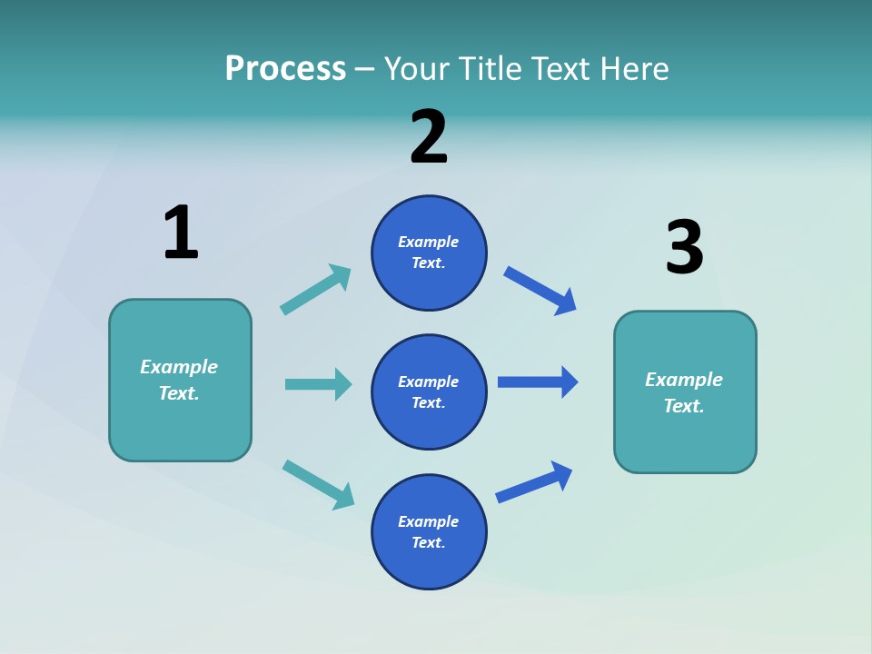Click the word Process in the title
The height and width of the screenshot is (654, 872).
click(x=285, y=69)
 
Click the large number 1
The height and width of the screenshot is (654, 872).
click(x=181, y=233)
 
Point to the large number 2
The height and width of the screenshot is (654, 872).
click(x=429, y=137)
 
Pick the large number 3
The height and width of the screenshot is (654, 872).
click(x=684, y=247)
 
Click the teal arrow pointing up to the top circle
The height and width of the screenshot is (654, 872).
click(x=316, y=289)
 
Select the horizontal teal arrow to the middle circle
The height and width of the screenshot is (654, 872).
click(x=318, y=384)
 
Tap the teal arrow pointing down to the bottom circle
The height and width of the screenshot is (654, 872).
click(x=318, y=484)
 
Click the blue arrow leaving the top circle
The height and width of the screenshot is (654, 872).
click(x=540, y=291)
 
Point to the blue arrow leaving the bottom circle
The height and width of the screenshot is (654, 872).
click(x=534, y=482)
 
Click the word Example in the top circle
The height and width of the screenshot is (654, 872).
click(x=429, y=242)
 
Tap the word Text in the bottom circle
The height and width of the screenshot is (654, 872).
click(x=427, y=542)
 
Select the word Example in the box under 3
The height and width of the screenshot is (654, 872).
click(x=684, y=380)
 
